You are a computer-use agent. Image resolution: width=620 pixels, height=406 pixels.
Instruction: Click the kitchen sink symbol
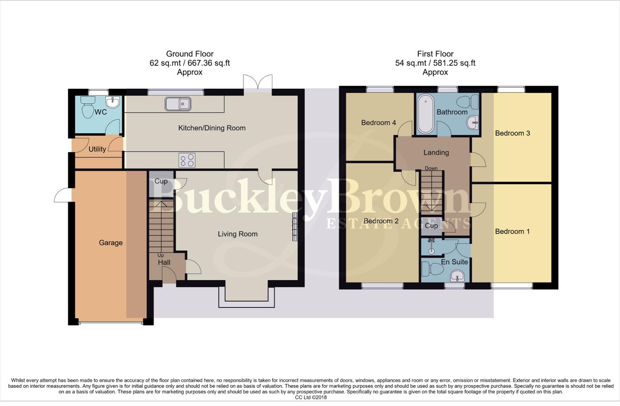178,104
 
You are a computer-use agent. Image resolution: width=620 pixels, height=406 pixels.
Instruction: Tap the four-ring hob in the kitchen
187,161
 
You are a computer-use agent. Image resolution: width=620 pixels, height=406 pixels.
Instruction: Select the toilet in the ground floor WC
88,107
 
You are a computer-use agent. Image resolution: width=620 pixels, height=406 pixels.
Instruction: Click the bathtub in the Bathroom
425,114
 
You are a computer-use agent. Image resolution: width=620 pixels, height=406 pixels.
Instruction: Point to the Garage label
111,243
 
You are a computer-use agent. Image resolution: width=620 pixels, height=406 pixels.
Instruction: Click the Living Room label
238,234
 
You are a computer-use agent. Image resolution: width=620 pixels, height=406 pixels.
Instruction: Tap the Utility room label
97,149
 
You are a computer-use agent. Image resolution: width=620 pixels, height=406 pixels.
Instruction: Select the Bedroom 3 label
512,133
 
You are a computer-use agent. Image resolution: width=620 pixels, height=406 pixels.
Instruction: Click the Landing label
436,153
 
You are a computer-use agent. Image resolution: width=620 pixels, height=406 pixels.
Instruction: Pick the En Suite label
454,262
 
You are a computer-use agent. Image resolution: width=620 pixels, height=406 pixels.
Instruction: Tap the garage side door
62,194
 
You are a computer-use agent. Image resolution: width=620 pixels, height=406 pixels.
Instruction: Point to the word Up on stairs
161,256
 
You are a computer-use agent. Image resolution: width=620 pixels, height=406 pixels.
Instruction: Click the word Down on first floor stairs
431,168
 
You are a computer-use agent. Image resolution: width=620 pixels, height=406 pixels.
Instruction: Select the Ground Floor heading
190,54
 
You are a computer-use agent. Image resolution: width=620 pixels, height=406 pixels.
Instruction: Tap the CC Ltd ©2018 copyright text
311,397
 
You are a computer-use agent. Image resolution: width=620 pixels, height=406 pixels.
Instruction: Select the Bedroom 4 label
378,123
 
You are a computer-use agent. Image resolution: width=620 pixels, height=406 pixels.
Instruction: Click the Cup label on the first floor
431,226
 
